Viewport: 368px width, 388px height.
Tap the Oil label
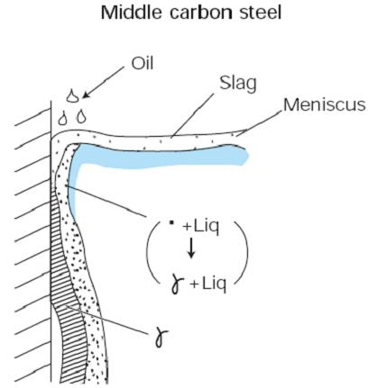pos(143,65)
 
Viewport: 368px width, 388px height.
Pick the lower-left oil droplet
pos(62,116)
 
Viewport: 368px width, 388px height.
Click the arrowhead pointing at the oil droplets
pos(87,92)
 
